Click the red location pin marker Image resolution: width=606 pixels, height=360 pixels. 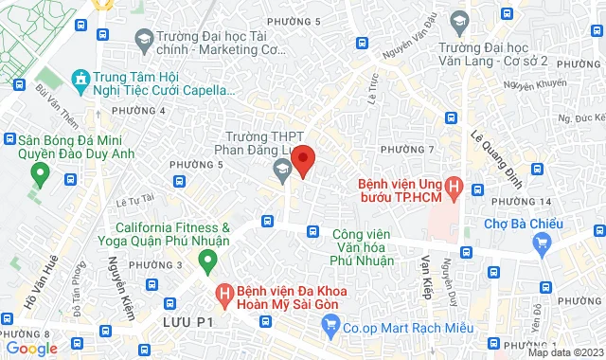(x=302, y=159)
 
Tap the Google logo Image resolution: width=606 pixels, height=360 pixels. (x=31, y=349)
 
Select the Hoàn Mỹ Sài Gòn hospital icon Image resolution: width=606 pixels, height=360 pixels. (x=224, y=295)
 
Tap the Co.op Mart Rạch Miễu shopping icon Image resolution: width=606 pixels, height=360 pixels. (x=330, y=327)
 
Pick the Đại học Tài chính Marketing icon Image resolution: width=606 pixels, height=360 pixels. (x=145, y=38)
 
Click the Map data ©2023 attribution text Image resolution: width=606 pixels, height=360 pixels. (x=565, y=352)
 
